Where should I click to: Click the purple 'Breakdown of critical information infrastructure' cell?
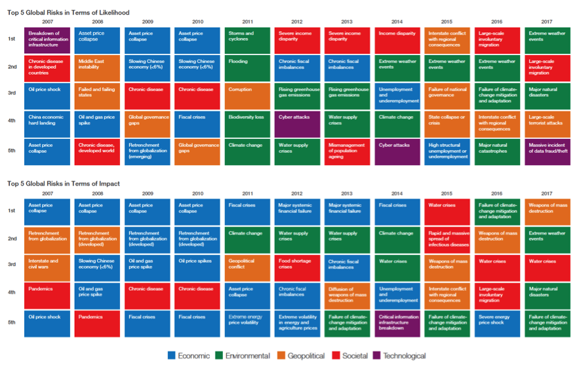[x=47, y=40]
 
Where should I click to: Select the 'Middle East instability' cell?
[x=97, y=68]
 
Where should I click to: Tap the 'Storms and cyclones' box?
[x=247, y=40]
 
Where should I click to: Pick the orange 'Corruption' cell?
[x=247, y=96]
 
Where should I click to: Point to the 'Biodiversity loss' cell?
[x=247, y=124]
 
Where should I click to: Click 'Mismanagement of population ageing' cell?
[x=348, y=151]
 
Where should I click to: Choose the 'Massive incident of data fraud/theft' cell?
[x=548, y=151]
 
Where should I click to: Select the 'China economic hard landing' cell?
[x=47, y=124]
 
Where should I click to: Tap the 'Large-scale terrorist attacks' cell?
[x=548, y=124]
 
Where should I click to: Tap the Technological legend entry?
[x=399, y=356]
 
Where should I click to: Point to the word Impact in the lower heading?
[x=109, y=184]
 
